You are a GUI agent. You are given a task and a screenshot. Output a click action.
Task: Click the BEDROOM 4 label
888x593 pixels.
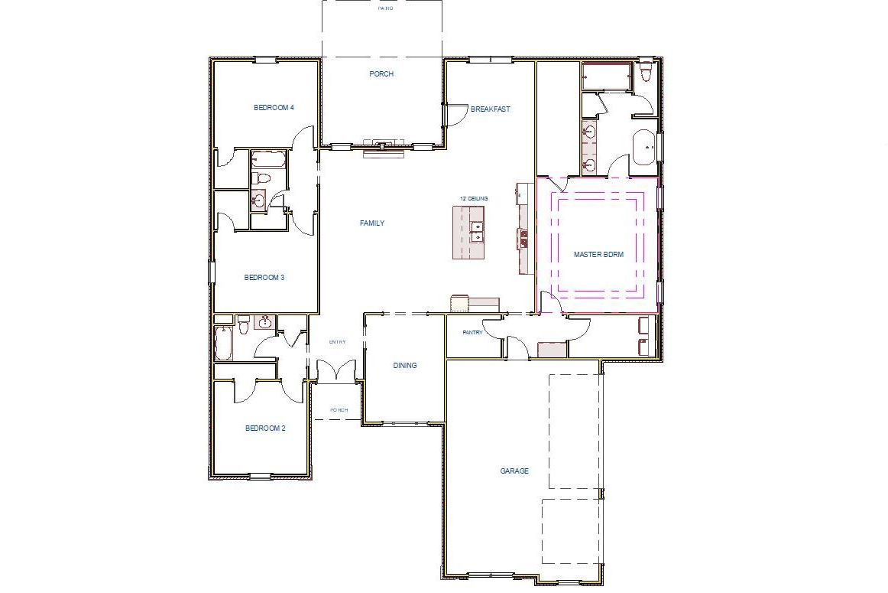(273, 108)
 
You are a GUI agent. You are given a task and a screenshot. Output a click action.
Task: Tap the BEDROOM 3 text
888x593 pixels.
(264, 278)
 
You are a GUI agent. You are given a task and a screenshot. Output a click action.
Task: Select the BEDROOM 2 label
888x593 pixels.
(265, 428)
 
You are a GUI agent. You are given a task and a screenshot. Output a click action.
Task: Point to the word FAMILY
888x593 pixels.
(372, 223)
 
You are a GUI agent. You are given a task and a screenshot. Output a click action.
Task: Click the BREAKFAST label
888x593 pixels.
(490, 109)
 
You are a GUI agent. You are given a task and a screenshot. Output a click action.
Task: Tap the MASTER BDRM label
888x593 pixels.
(598, 255)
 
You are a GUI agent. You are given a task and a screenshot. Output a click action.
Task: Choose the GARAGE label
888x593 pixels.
(514, 471)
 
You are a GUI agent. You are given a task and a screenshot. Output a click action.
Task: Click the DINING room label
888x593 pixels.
(405, 366)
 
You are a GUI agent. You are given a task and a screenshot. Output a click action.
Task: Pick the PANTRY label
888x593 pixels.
(473, 333)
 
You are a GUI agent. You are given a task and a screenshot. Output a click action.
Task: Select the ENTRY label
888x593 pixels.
(338, 342)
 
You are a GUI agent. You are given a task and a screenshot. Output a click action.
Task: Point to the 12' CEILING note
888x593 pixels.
(473, 199)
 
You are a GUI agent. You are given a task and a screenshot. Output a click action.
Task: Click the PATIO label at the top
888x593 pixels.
(386, 8)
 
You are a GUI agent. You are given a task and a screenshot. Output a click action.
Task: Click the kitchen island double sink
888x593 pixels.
(477, 232)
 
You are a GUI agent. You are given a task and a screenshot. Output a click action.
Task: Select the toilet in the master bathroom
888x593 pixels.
(646, 73)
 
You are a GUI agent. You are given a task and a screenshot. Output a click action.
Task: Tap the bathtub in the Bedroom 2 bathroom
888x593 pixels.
(223, 344)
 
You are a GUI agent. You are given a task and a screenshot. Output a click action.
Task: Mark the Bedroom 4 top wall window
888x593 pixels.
(265, 59)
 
